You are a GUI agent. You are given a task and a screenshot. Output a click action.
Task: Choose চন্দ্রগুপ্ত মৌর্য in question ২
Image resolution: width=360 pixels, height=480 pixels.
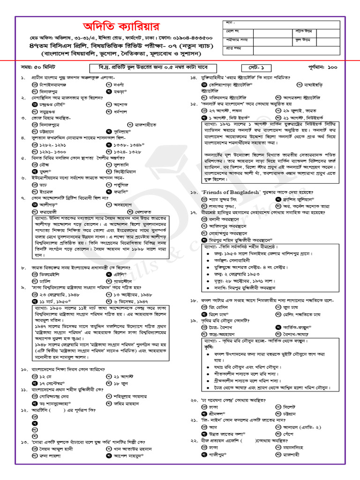(x=52, y=105)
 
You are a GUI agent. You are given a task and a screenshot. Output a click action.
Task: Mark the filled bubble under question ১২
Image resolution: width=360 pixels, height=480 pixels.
(x=35, y=423)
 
